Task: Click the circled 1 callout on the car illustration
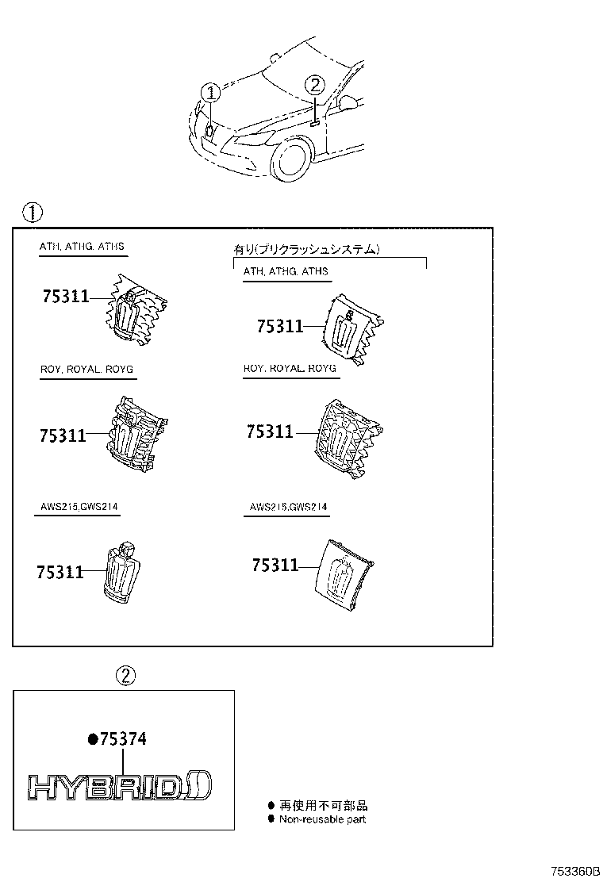click(x=210, y=93)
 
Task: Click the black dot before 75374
click(x=92, y=739)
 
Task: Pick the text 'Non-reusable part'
click(x=322, y=819)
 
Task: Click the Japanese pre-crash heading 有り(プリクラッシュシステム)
click(x=306, y=249)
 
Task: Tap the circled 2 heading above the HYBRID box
click(x=126, y=676)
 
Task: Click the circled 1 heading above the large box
click(x=31, y=213)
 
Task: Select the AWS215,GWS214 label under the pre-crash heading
click(x=288, y=506)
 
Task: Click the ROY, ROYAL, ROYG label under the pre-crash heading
click(x=289, y=369)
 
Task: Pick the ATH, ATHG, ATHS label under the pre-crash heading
click(x=286, y=271)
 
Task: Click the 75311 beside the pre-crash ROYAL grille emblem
click(x=270, y=431)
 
